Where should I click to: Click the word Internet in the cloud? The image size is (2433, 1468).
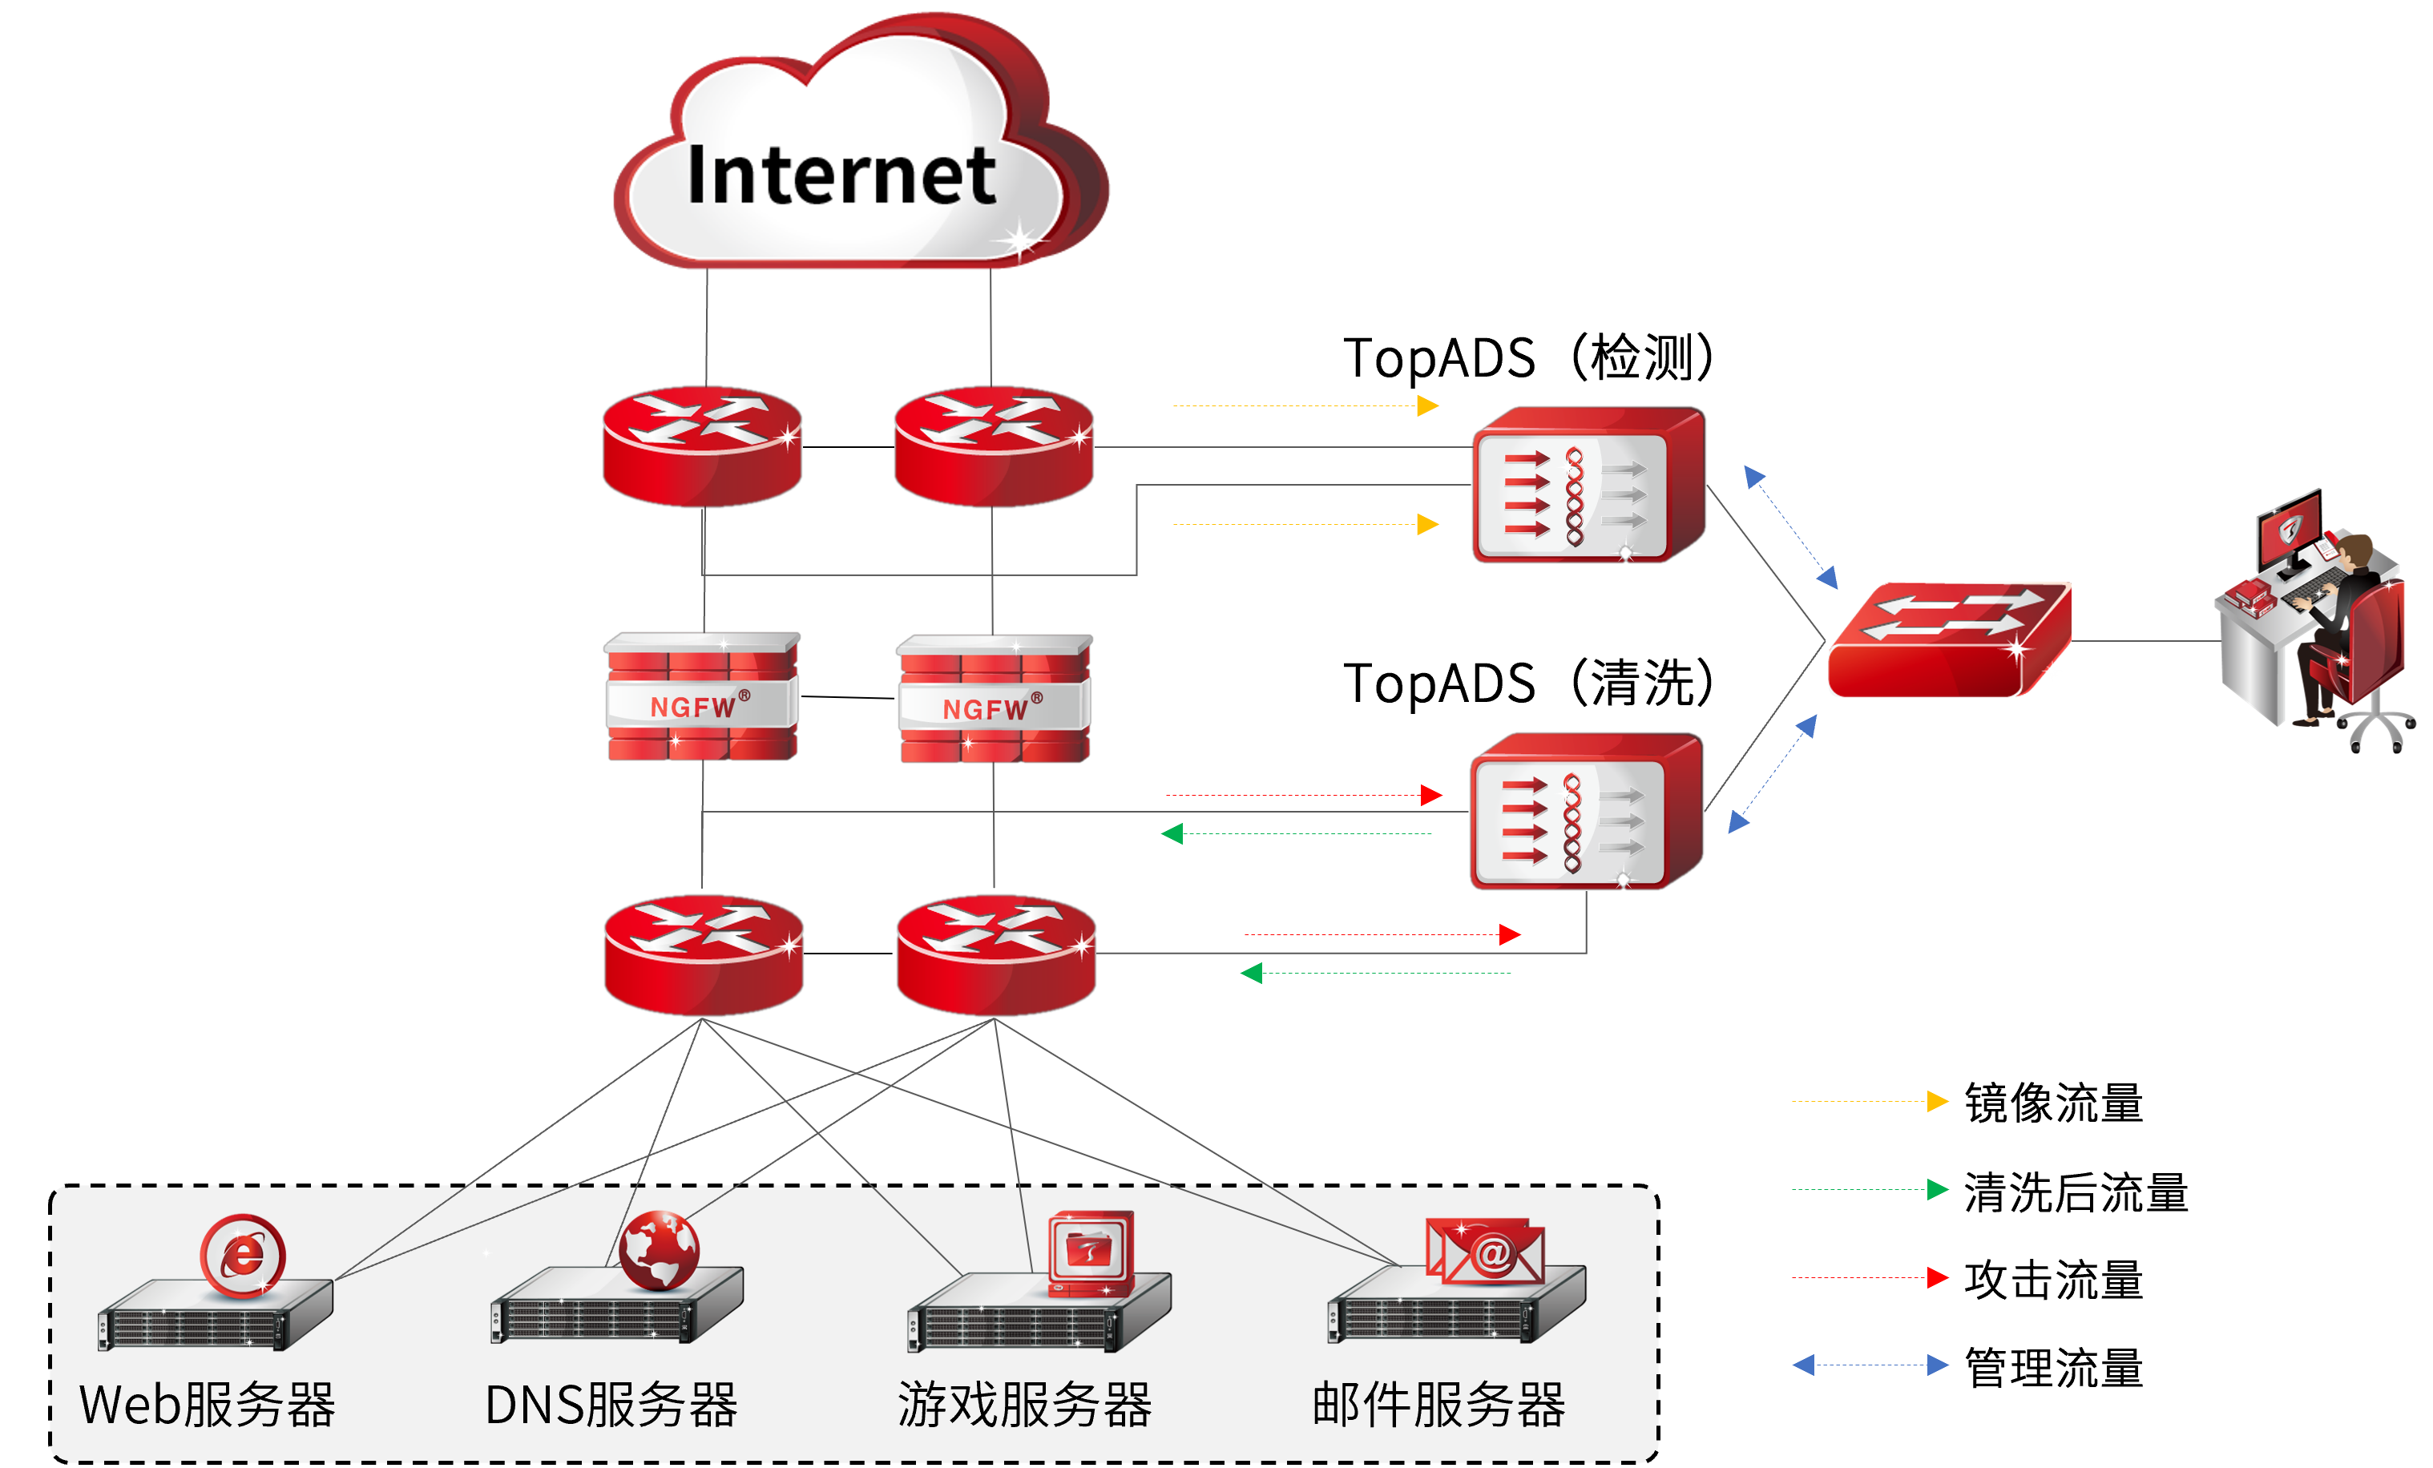tap(841, 175)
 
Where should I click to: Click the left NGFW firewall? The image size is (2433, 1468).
tap(701, 697)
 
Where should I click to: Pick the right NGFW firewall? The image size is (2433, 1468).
tap(994, 699)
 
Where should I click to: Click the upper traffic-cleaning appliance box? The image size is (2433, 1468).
tap(1587, 485)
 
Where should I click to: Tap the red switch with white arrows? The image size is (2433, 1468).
tap(1948, 639)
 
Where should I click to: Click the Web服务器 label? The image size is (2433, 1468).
tap(208, 1405)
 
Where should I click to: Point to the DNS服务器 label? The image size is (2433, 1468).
tap(611, 1405)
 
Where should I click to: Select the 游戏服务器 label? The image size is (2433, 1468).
tap(1024, 1405)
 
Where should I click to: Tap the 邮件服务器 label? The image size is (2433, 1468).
tap(1438, 1405)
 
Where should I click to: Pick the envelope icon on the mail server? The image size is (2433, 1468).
tap(1485, 1251)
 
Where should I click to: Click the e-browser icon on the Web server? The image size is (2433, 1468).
tap(243, 1256)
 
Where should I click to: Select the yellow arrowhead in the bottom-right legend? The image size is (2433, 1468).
tap(1937, 1101)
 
